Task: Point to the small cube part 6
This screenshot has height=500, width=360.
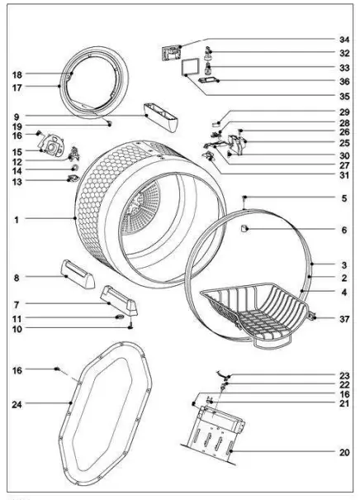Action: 245,226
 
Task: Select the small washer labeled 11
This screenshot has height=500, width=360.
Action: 121,317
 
